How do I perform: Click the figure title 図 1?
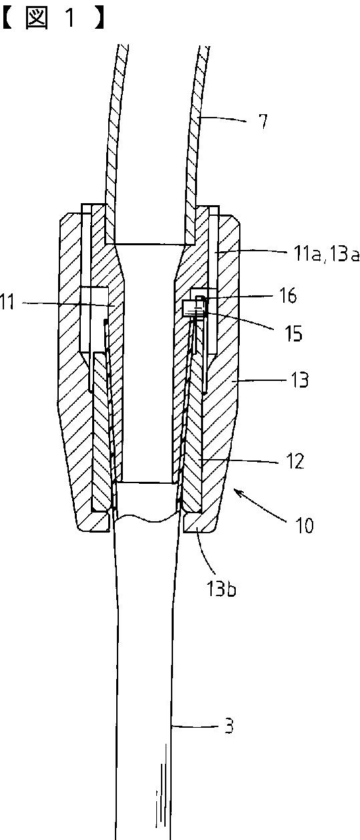point(53,19)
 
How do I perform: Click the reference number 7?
point(264,121)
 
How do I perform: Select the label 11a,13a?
point(327,255)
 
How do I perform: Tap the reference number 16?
point(288,295)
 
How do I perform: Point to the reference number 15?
point(293,333)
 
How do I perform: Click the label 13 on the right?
point(300,380)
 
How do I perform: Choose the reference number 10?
point(305,525)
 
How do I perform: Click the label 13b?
point(221,589)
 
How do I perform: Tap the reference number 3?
point(229,726)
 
